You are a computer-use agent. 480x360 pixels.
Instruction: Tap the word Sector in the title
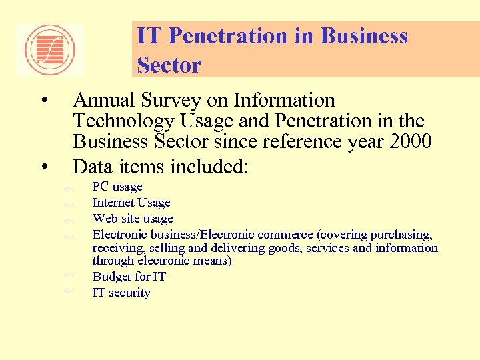pos(169,65)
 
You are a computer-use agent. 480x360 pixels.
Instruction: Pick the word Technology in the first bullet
pos(122,121)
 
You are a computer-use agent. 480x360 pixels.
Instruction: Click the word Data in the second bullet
pos(93,165)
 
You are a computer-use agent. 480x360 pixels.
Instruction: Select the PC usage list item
pos(117,187)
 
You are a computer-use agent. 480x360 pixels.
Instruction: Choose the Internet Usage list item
pos(131,203)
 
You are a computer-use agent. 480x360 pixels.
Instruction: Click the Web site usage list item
pos(133,219)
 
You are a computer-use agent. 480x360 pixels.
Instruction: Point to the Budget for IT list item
pos(129,277)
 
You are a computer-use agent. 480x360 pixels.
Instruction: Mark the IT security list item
pos(121,293)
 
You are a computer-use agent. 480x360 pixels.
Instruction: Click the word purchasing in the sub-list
pos(403,235)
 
